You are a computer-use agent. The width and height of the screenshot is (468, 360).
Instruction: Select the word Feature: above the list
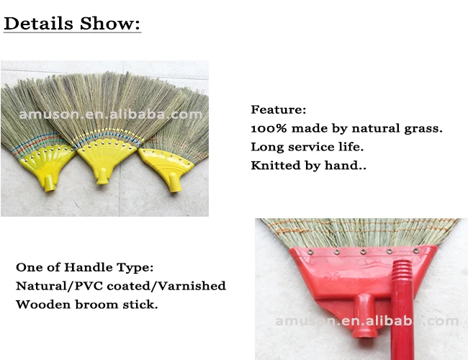tap(279, 110)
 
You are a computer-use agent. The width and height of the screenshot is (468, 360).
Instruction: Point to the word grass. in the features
tap(422, 128)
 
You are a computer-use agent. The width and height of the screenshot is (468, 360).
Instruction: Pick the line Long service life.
tap(307, 147)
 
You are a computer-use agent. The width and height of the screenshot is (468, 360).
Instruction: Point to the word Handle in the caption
tap(91, 267)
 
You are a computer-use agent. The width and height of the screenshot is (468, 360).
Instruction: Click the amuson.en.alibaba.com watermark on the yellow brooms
tap(111, 114)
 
